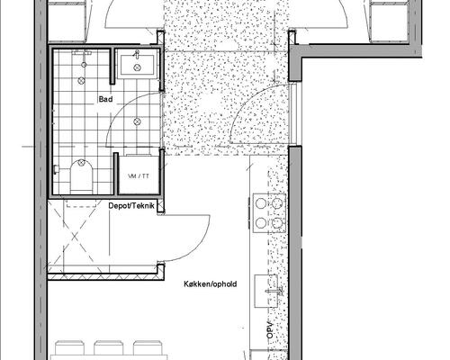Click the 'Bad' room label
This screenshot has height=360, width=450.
tap(105, 99)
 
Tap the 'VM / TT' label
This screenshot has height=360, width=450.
tap(139, 176)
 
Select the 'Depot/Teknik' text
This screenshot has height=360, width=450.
tap(131, 206)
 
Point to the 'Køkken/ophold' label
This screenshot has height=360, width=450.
tap(211, 283)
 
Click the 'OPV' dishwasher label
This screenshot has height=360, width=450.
tap(270, 330)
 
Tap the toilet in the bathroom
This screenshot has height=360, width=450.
tap(81, 177)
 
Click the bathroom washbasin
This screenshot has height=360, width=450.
tap(138, 64)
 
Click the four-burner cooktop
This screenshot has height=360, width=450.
tap(269, 213)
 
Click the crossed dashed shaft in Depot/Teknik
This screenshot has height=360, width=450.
tap(74, 237)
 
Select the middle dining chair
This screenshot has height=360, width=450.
tap(109, 347)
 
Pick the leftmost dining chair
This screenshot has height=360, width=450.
tap(69, 347)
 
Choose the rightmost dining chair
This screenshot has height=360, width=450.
tap(148, 347)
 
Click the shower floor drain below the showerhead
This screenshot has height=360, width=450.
tap(81, 80)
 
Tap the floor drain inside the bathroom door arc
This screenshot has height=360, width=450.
tap(137, 121)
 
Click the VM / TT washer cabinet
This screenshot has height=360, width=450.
tap(139, 175)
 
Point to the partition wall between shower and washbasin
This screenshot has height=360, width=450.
tap(112, 66)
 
